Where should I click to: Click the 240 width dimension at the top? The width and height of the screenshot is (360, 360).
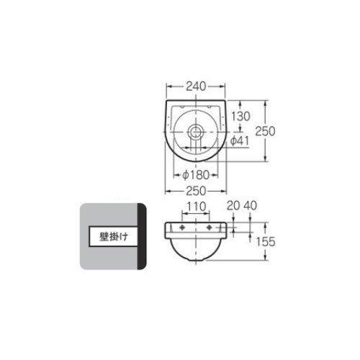click(x=196, y=86)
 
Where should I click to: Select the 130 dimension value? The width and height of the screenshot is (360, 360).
click(x=240, y=117)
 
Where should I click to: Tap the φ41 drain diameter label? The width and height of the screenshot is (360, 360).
click(x=240, y=141)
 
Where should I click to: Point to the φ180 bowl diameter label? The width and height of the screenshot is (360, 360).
click(x=196, y=175)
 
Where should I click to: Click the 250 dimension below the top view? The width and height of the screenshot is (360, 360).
click(x=196, y=191)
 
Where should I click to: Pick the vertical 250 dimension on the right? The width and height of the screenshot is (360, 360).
click(x=265, y=131)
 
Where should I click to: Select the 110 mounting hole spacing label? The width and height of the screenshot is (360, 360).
click(x=197, y=207)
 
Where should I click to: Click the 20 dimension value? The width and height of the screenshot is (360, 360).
click(x=233, y=206)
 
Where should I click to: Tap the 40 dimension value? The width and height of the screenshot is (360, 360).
click(x=251, y=206)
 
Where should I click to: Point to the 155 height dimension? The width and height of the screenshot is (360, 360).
click(x=266, y=241)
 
